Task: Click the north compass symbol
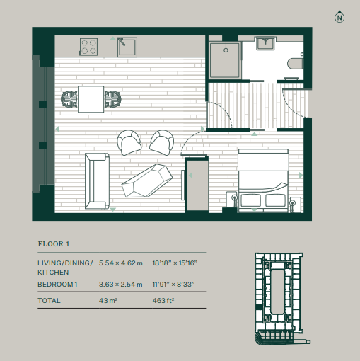click(339, 17)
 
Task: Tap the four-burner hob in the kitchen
click(88, 47)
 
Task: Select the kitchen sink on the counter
click(127, 47)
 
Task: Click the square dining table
click(91, 99)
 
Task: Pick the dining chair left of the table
click(69, 99)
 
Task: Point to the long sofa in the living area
click(97, 181)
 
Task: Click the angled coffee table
click(147, 180)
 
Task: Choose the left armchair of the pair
click(129, 142)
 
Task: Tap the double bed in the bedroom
click(263, 180)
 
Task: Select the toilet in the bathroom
click(296, 63)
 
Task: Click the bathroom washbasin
click(266, 43)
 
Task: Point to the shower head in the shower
click(226, 50)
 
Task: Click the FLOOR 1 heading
click(54, 244)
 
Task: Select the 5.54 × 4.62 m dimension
click(121, 263)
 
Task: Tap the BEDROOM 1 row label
click(57, 285)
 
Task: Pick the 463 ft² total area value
click(163, 300)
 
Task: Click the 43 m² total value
click(108, 300)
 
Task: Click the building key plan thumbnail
click(282, 299)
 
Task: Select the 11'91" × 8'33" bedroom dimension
click(174, 285)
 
